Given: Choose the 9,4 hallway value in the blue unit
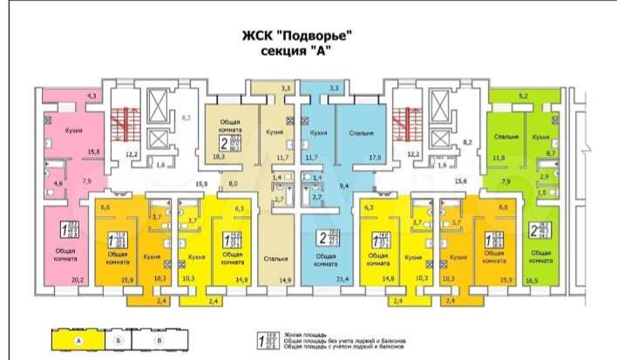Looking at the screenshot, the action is coord(344,186).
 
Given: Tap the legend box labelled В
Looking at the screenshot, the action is coord(159,339).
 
